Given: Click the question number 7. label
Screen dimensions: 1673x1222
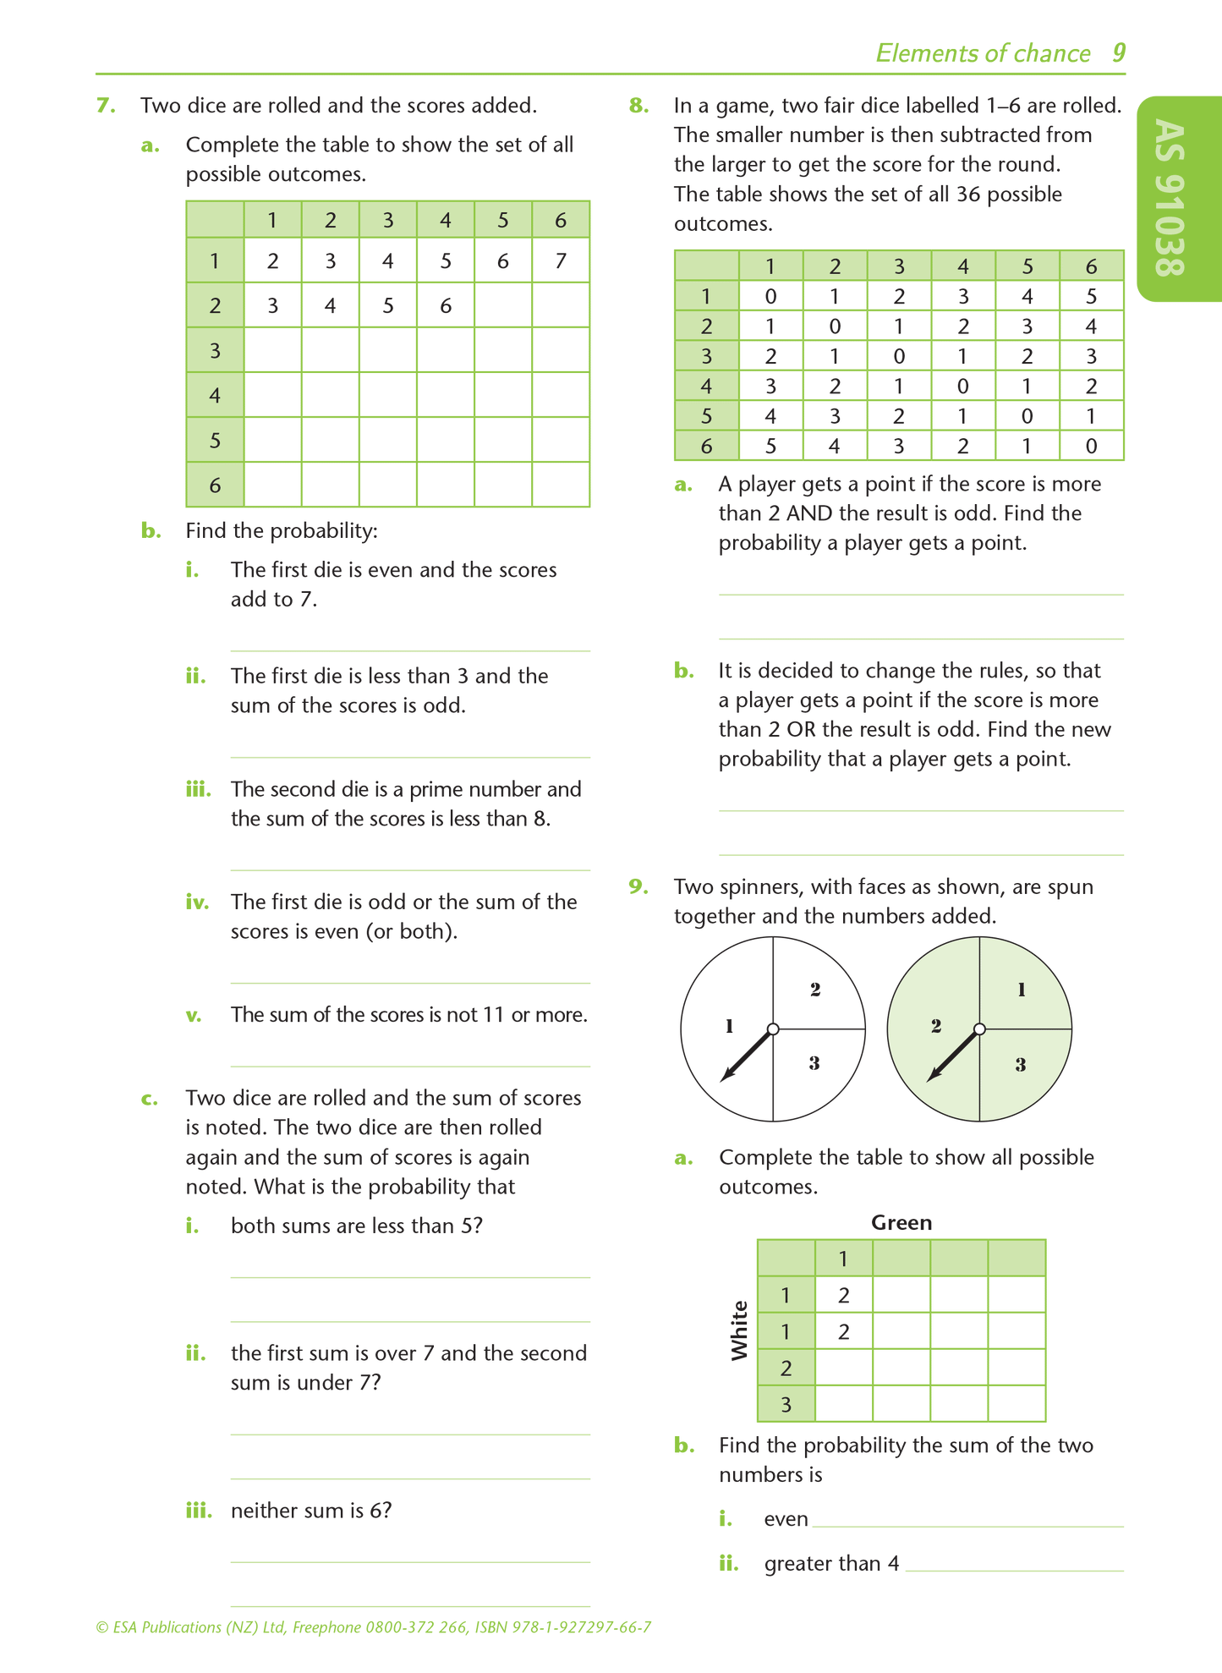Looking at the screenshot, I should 106,106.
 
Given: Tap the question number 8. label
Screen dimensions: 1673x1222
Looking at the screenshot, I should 638,106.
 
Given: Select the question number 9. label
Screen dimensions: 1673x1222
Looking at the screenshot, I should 638,886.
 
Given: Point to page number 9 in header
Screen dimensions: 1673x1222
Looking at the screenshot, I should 1118,53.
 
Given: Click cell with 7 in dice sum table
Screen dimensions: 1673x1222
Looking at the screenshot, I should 560,261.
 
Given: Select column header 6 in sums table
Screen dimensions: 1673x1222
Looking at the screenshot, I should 560,221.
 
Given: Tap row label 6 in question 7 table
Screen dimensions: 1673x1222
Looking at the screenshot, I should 215,485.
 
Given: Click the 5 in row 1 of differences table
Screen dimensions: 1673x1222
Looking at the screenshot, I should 1091,296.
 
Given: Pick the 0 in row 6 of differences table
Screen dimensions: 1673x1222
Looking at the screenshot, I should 1091,446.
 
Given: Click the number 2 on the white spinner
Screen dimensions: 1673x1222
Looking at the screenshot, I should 815,989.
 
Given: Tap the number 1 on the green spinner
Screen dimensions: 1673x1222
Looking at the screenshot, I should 1022,989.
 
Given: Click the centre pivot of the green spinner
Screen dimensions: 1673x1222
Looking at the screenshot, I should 979,1029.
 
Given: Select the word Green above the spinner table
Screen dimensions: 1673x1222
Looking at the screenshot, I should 901,1222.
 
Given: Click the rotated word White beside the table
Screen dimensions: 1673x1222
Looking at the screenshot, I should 740,1330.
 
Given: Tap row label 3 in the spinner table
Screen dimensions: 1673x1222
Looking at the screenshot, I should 786,1405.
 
